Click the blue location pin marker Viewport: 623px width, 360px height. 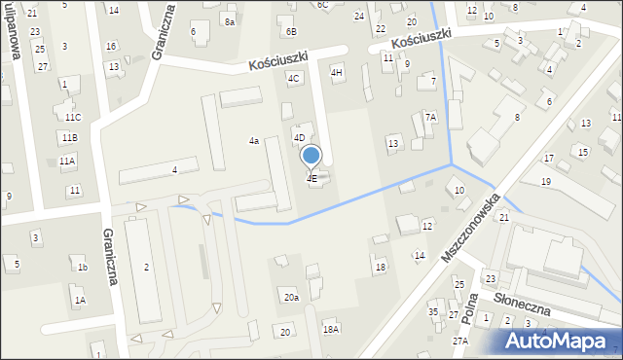(x=311, y=157)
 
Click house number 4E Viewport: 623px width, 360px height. (x=311, y=179)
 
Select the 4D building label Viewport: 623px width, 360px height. (x=300, y=138)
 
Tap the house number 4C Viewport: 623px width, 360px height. (x=293, y=78)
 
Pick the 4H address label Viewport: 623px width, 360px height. (x=337, y=72)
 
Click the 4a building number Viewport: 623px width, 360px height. (x=253, y=141)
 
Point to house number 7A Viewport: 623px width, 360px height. (x=430, y=117)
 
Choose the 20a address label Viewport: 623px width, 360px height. (x=291, y=297)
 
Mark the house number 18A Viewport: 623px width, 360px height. (x=331, y=330)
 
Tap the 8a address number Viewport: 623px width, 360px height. (x=229, y=21)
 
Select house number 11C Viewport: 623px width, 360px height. (x=73, y=117)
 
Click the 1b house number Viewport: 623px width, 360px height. (x=83, y=268)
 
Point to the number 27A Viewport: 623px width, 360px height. (x=459, y=341)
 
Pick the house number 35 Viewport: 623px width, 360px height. (x=433, y=312)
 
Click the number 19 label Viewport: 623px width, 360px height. (x=546, y=182)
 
